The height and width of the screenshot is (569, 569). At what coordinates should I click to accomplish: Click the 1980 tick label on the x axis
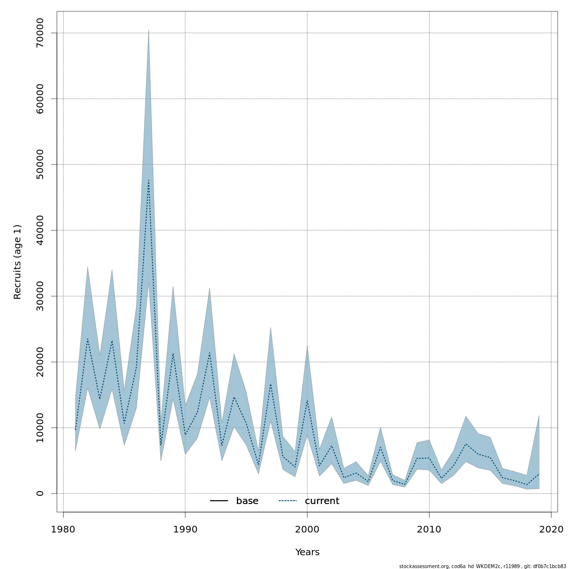pos(63,529)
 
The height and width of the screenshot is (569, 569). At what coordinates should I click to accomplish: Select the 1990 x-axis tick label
pos(185,529)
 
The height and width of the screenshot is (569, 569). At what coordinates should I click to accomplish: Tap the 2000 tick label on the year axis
pos(307,529)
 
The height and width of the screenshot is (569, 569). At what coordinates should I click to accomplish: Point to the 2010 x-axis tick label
pos(429,529)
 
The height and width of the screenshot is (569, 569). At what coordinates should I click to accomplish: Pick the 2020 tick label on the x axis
pos(551,529)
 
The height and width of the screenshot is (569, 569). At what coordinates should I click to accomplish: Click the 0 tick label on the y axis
pos(40,493)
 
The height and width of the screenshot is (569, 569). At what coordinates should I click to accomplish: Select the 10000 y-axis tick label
pos(40,428)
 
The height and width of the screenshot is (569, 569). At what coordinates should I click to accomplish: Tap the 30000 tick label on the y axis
pos(40,296)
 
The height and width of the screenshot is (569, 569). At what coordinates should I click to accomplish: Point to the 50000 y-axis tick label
pos(40,165)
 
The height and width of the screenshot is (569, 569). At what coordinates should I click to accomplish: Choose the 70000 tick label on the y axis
pos(40,33)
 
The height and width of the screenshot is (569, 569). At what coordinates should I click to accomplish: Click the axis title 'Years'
pos(307,552)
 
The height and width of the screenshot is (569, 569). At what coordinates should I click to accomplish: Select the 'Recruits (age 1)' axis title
pos(18,262)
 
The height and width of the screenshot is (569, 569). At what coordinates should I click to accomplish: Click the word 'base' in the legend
pos(247,501)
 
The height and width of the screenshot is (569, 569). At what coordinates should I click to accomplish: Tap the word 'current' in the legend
pos(322,501)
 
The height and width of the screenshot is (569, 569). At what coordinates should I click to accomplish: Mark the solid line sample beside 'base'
pos(219,501)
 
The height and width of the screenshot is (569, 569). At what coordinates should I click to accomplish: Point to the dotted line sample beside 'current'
pos(287,501)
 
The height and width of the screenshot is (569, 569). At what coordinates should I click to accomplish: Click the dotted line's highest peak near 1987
pos(148,180)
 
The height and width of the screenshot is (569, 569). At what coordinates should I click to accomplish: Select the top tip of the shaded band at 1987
pos(148,30)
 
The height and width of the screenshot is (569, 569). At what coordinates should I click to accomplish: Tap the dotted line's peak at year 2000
pos(307,401)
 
